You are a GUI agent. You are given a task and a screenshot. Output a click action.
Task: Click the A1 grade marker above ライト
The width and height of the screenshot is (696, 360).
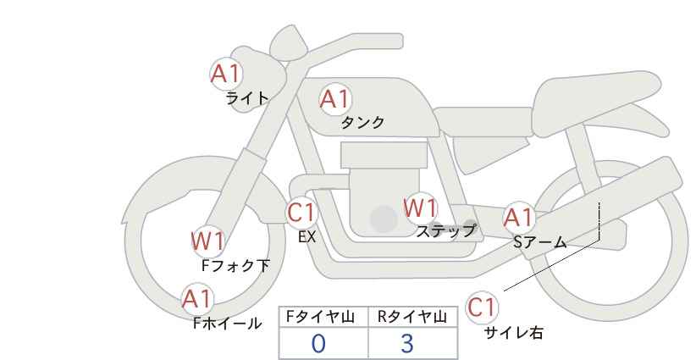click(x=226, y=74)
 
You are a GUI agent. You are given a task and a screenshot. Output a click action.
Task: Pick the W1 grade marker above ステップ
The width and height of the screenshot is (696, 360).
click(x=420, y=208)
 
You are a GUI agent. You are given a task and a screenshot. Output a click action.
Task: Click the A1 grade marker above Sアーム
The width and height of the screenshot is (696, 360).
click(x=518, y=219)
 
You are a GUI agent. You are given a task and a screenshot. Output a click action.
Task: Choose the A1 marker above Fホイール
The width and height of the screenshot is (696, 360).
click(x=197, y=299)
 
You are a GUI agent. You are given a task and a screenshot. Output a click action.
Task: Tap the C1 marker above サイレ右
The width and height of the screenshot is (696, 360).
click(x=483, y=307)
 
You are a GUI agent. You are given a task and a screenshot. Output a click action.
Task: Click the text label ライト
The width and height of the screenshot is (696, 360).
click(x=247, y=98)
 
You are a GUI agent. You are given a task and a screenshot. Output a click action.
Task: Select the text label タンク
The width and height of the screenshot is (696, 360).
click(x=362, y=123)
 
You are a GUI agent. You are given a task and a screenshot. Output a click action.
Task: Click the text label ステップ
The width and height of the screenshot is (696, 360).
click(x=445, y=230)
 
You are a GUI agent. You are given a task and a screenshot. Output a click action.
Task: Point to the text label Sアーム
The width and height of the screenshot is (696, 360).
click(x=539, y=242)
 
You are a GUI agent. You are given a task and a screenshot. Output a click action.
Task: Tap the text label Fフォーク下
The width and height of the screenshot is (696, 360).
click(x=235, y=266)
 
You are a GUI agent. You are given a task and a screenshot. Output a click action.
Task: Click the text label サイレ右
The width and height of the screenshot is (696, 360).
click(x=513, y=333)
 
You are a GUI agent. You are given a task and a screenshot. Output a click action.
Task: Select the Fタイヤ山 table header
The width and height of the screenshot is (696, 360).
click(x=323, y=317)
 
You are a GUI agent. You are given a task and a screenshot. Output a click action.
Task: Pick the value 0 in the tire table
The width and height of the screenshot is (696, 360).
click(x=318, y=343)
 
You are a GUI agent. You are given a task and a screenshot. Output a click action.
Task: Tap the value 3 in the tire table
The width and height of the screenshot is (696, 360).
click(x=406, y=343)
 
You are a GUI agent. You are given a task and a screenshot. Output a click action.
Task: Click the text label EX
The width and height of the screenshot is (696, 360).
click(x=307, y=237)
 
